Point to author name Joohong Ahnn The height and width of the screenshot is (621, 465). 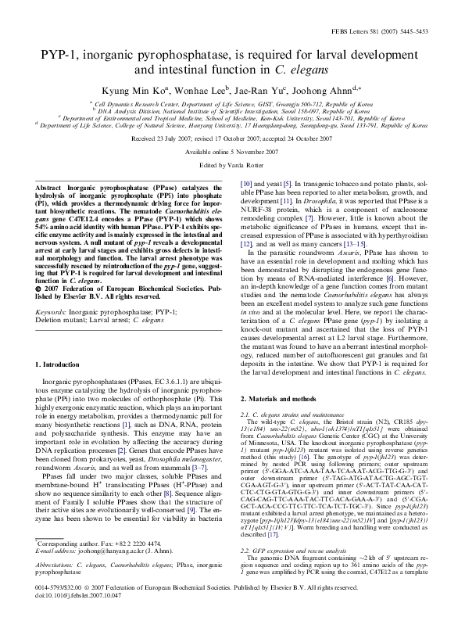tap(328, 88)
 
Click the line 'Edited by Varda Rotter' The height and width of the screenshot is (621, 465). tap(232, 166)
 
